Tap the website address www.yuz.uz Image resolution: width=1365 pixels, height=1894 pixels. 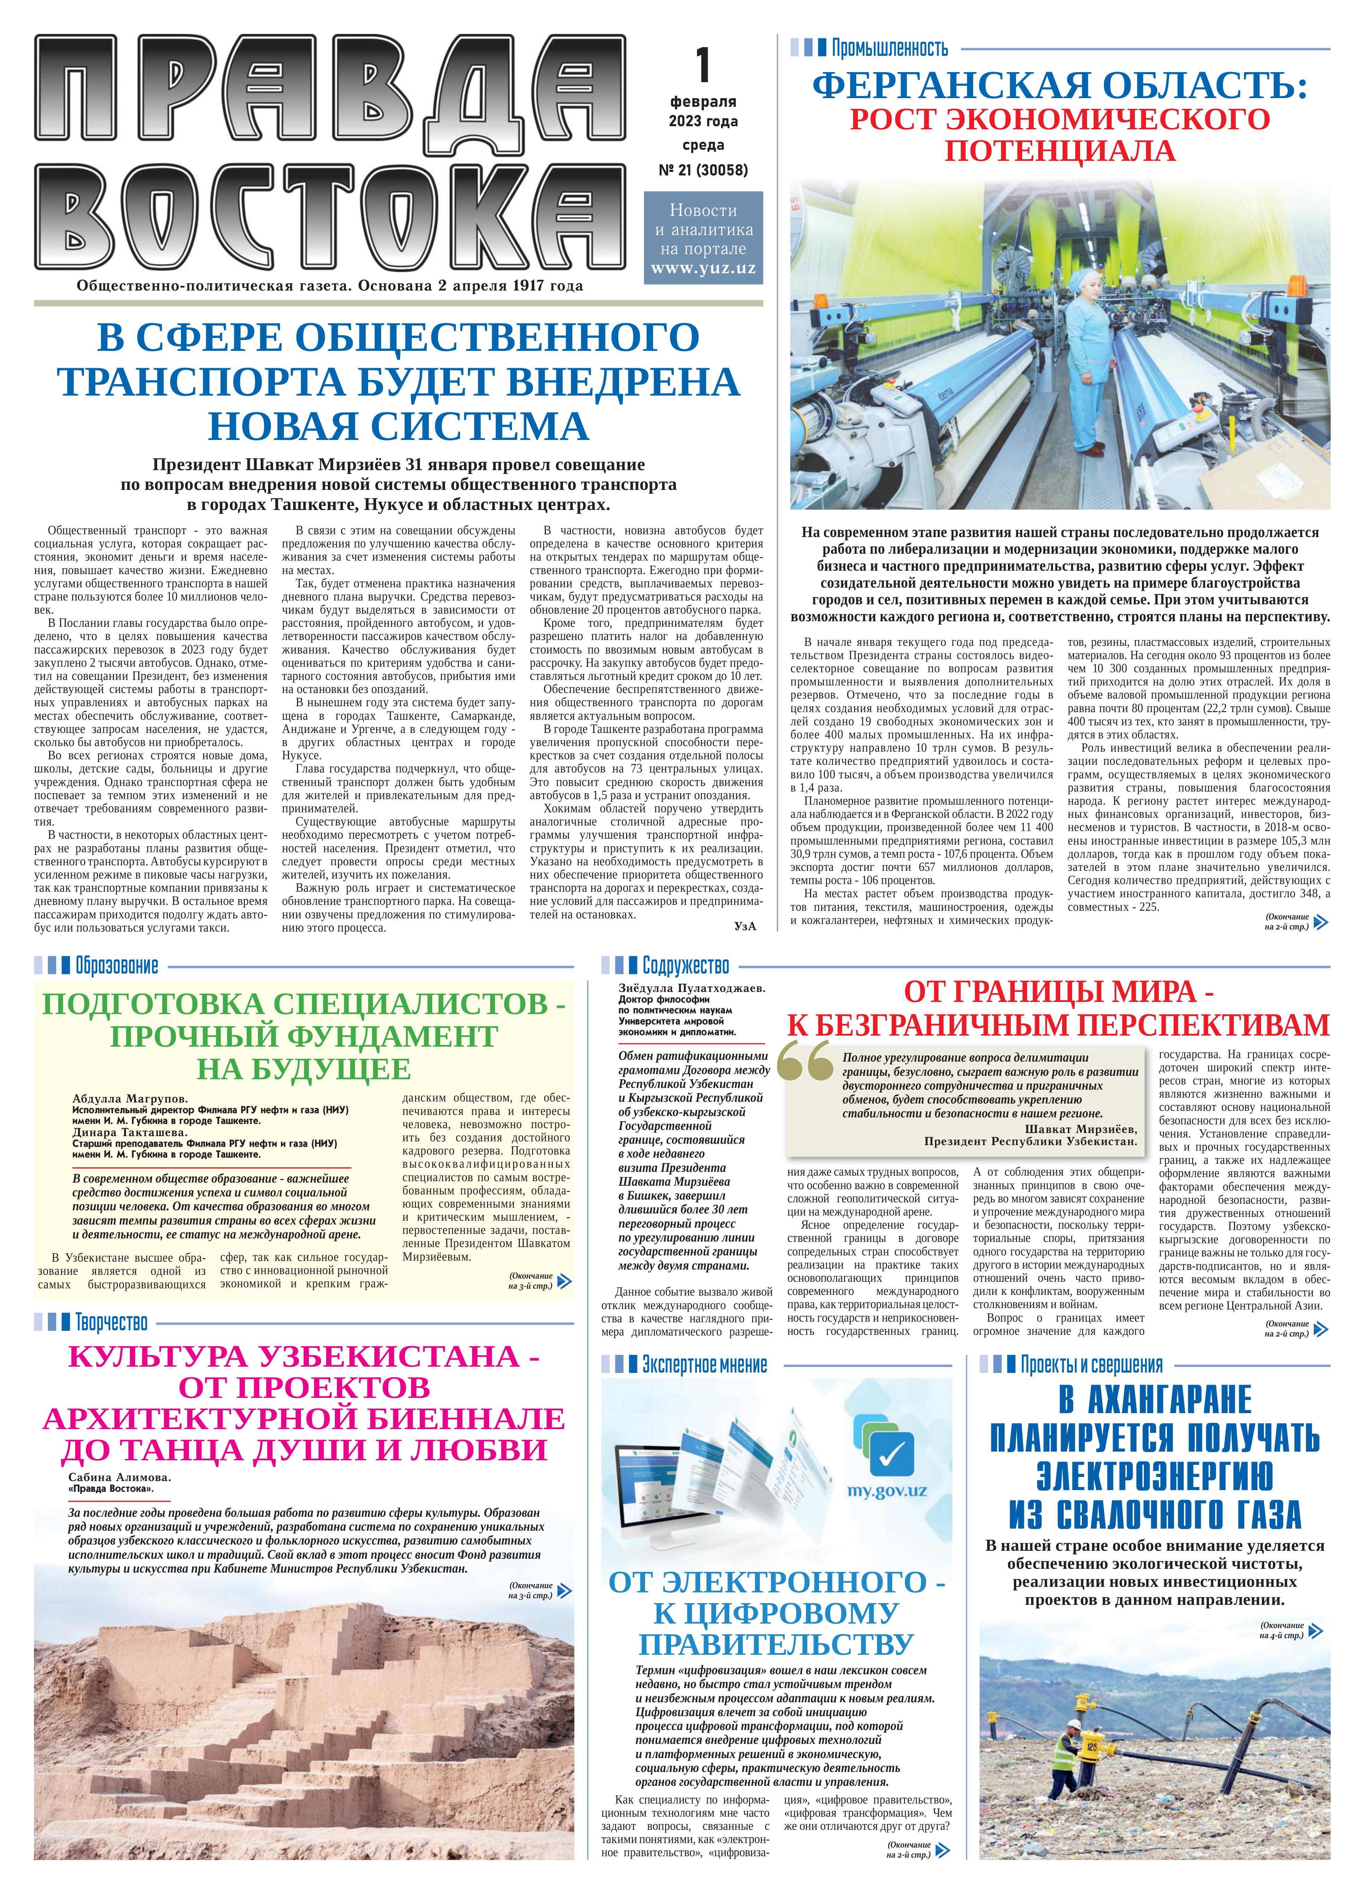click(703, 268)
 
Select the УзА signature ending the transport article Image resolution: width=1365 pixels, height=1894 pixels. click(745, 925)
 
